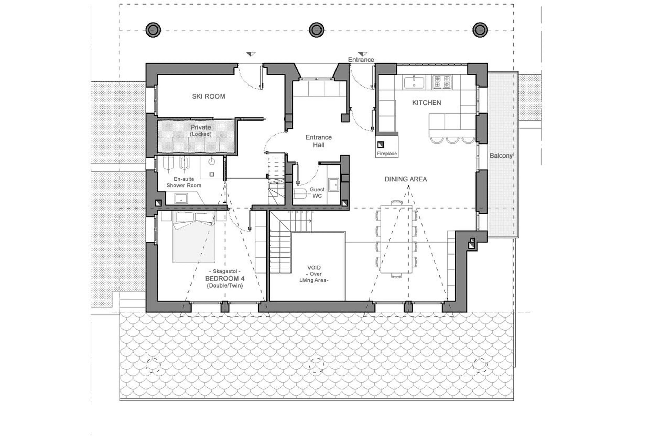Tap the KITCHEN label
coord(426,103)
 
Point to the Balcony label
coord(501,156)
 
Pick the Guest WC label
coord(317,193)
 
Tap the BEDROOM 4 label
coord(225,278)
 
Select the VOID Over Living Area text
coord(314,274)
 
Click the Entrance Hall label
coord(319,141)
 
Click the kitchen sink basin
coord(414,83)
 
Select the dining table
coord(396,239)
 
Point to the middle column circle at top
coord(316,30)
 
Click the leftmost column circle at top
coord(153,30)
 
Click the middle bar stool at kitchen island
coord(452,140)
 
